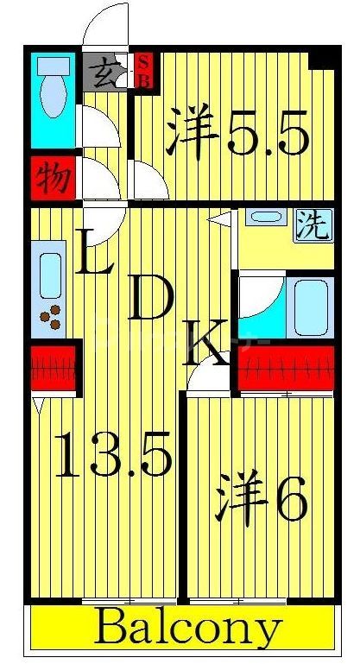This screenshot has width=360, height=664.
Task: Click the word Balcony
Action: pos(186,629)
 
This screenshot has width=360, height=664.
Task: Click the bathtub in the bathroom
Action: pos(312,307)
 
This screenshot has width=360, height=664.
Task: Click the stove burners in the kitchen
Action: pos(54,317)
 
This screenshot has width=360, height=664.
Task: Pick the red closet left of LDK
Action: pos(54,368)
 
